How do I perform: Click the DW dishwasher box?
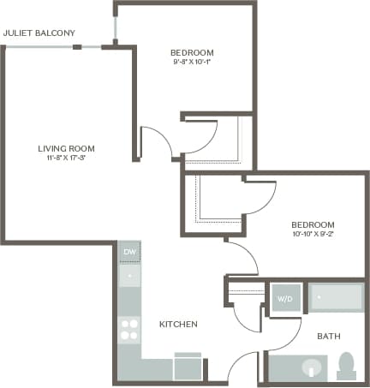(x=129, y=252)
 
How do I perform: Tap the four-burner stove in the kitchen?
(x=129, y=329)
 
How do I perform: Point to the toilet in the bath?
(x=347, y=366)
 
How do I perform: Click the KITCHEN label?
(x=179, y=325)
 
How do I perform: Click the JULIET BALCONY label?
(x=39, y=33)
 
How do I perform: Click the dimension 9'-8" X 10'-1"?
(x=190, y=61)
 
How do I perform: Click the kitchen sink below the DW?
(x=129, y=276)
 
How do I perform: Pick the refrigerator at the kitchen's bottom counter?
(x=188, y=367)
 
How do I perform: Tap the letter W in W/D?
(x=280, y=299)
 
